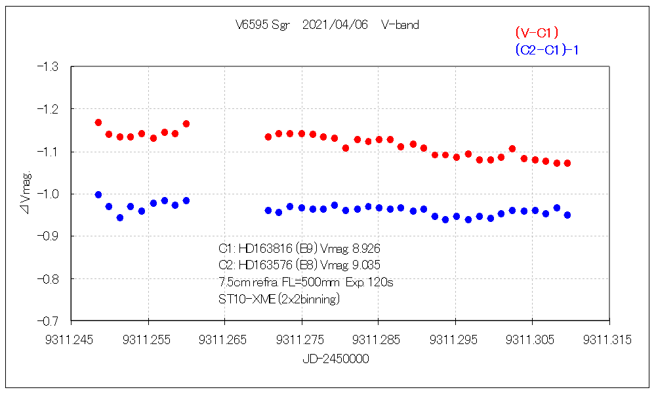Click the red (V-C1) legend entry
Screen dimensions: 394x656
click(x=537, y=32)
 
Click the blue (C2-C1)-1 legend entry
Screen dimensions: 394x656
click(x=546, y=50)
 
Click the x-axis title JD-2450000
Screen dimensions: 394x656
click(x=335, y=359)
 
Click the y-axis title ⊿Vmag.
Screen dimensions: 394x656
click(x=26, y=194)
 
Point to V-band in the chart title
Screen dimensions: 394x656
click(x=400, y=25)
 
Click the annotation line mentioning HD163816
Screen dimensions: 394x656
click(x=299, y=249)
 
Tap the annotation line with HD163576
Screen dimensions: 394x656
click(x=299, y=265)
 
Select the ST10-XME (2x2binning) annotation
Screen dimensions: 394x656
click(x=279, y=298)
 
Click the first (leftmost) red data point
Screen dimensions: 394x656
click(x=98, y=123)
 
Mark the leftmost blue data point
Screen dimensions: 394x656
click(x=98, y=194)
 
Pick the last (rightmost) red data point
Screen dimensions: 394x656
click(x=567, y=163)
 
